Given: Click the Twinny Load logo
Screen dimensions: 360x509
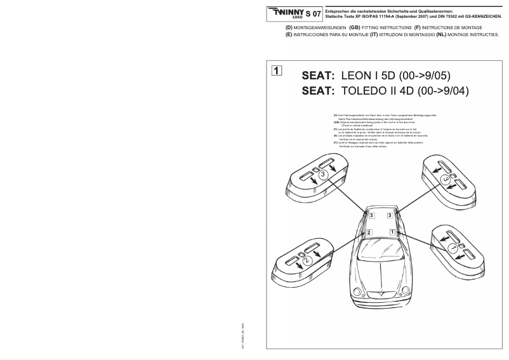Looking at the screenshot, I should (x=286, y=13).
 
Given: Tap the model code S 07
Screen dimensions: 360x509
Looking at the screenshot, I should (x=314, y=13).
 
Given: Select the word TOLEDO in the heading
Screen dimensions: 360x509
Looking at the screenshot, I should (x=370, y=91).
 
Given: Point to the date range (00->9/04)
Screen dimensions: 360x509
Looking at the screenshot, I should (x=442, y=91).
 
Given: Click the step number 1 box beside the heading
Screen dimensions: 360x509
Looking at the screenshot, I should (x=277, y=70).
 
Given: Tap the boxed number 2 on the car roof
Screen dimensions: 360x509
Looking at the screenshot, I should (x=367, y=233).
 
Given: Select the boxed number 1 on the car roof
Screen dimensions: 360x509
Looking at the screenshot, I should (x=392, y=232).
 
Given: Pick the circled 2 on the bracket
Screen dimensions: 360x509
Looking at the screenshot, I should (x=306, y=260).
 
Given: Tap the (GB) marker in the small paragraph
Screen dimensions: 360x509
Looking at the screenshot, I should (x=335, y=122).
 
